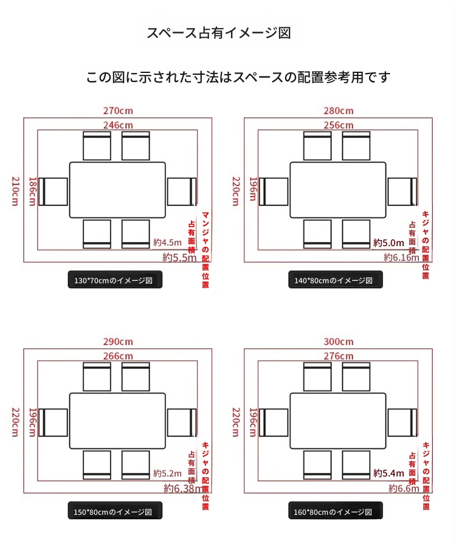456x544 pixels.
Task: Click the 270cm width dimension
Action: point(118,111)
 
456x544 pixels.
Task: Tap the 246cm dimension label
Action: point(118,125)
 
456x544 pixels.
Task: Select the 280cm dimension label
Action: point(339,111)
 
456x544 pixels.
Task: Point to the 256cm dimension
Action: point(339,125)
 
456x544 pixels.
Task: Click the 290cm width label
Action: point(118,342)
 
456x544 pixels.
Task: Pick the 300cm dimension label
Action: point(339,342)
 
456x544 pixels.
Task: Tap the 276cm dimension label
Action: point(339,356)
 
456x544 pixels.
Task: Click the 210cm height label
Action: point(16,191)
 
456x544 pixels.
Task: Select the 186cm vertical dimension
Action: point(32,191)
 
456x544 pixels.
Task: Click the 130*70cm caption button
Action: point(115,280)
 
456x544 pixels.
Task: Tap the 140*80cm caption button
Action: point(335,280)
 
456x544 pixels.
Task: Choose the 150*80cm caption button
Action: point(115,511)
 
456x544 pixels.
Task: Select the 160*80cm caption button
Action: point(335,511)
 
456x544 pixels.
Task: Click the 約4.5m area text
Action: point(167,242)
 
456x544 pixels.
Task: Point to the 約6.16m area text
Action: point(401,258)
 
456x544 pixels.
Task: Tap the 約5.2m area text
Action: point(167,473)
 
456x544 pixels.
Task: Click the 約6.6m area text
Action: point(404,489)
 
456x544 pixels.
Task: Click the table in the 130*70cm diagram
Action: point(117,190)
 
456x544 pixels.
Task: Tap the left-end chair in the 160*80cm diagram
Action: point(274,422)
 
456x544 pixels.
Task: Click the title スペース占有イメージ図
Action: point(219,33)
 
